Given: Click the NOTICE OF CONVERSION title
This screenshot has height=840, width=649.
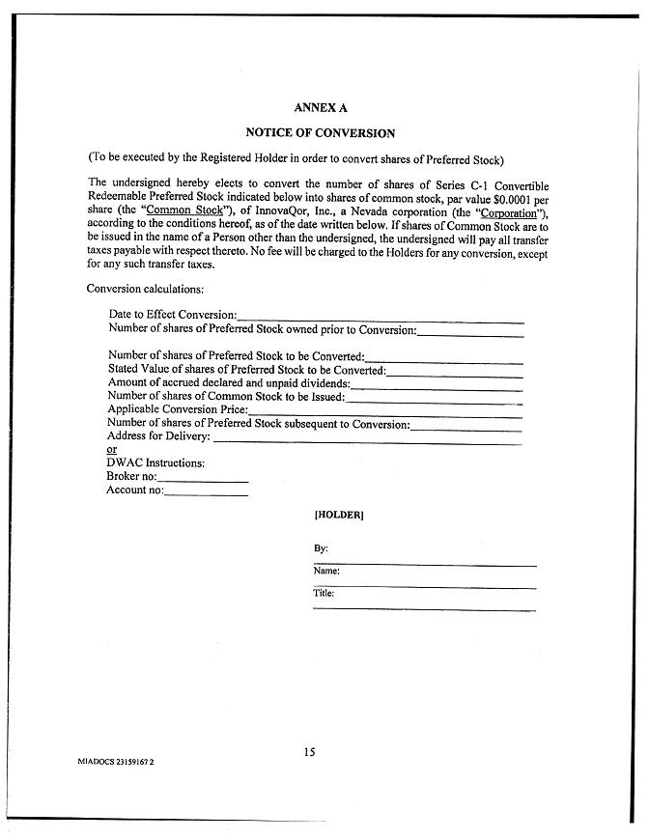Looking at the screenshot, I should tap(320, 133).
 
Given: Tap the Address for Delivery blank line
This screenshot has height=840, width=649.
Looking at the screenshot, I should tap(366, 440).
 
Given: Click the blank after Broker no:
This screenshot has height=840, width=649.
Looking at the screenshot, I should tap(202, 480).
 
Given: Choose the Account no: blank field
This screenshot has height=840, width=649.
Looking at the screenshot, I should tap(206, 493).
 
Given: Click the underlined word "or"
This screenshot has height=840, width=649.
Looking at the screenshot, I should tap(111, 450).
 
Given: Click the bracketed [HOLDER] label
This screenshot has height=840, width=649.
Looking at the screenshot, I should tap(338, 516).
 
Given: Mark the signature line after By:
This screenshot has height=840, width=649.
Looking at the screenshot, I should tap(425, 563).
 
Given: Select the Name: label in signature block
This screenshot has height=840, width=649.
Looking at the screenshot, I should tap(326, 572).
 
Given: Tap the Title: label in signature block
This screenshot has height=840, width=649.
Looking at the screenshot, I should tap(324, 593).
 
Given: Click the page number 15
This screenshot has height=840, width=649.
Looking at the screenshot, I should tap(309, 752).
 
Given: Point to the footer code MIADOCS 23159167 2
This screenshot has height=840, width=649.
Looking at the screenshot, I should tap(116, 762).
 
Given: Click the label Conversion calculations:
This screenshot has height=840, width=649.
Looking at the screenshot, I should tap(145, 289).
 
